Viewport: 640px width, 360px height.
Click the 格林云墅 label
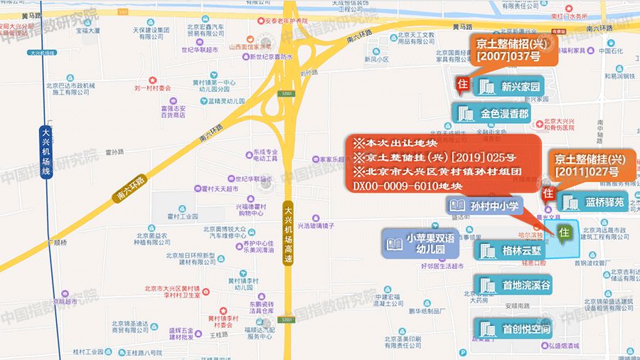click(510, 251)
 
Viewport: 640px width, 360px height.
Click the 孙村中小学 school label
click(484, 206)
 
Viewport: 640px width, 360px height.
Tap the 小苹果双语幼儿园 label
click(419, 244)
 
